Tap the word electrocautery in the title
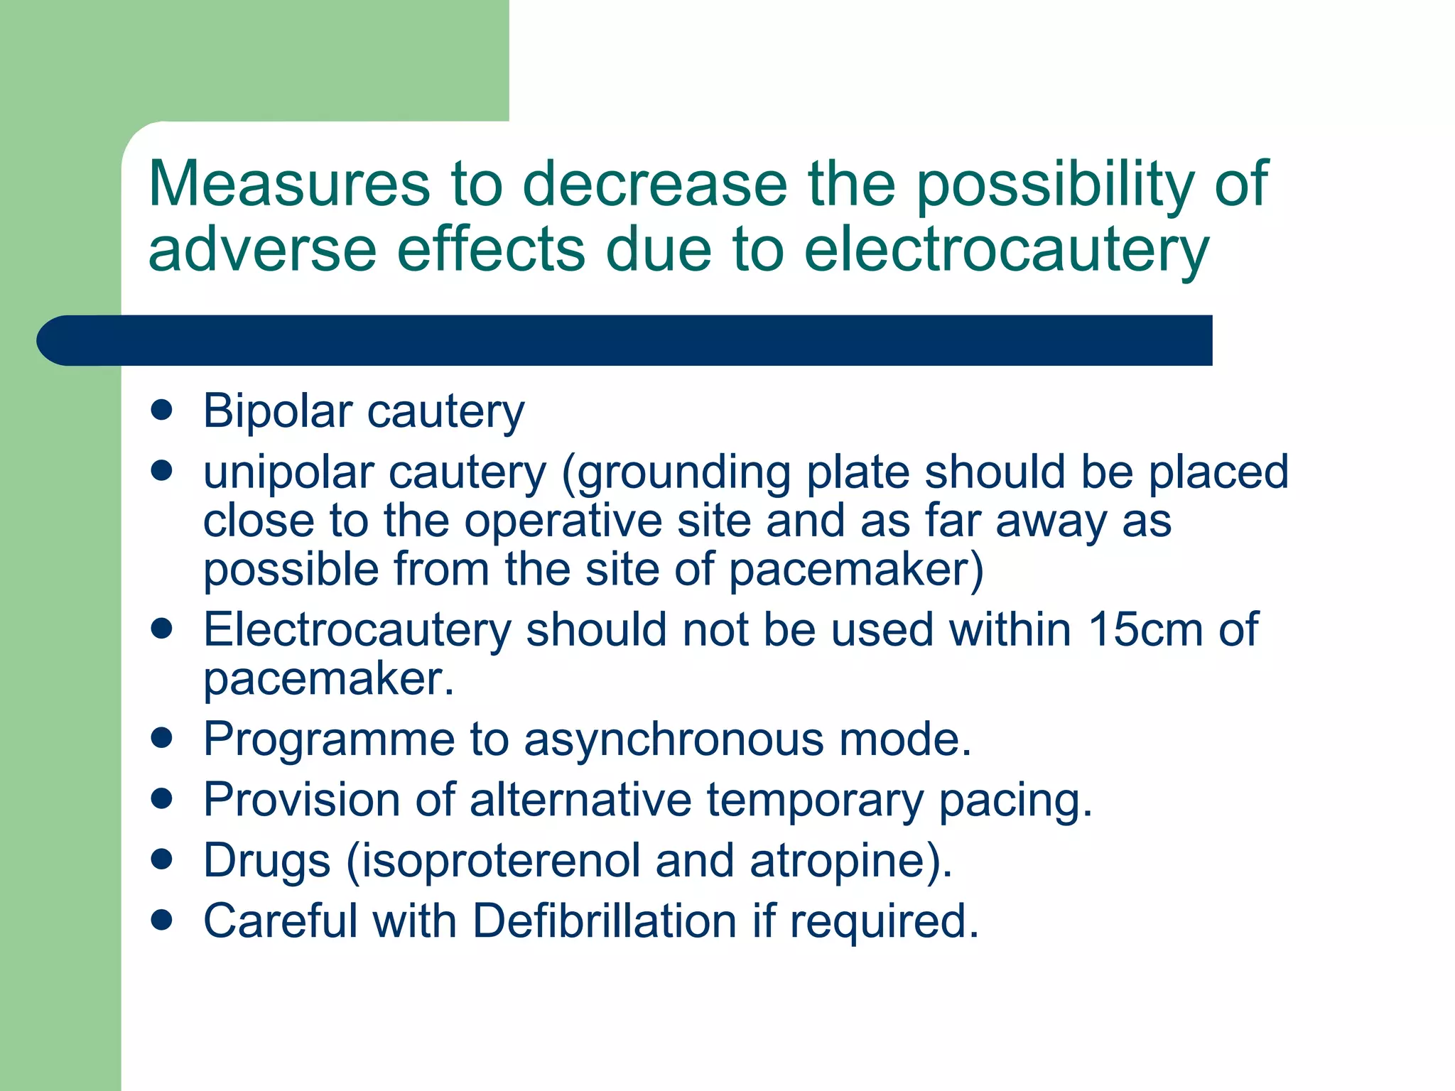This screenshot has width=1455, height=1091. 1006,250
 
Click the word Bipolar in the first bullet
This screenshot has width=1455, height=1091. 277,411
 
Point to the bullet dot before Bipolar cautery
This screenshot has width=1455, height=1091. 162,410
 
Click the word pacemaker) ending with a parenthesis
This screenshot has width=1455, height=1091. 856,570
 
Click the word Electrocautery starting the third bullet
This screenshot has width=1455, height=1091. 357,631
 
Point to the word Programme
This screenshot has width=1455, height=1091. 329,740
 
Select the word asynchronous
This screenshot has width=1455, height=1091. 674,740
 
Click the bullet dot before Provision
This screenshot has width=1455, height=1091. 162,798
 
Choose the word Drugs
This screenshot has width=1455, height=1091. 266,861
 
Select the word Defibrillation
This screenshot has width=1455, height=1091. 605,921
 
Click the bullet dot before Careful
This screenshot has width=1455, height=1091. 162,920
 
